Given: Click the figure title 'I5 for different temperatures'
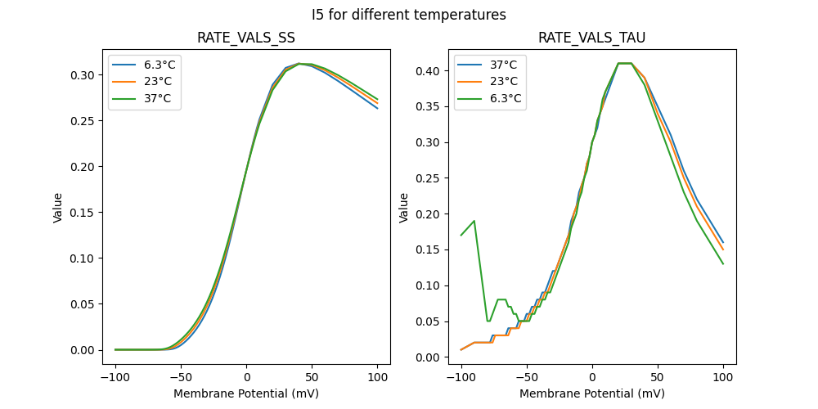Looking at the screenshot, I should click(409, 15).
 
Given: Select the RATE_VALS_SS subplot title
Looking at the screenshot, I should click(246, 38).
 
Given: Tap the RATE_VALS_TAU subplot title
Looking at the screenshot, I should click(591, 38).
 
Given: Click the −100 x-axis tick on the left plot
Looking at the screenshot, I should click(115, 377).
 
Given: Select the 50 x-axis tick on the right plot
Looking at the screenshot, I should click(658, 377).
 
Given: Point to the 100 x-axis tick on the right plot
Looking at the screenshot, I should click(723, 377).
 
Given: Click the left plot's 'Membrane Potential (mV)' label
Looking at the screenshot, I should click(246, 393).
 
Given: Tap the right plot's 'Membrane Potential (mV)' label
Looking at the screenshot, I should click(591, 393).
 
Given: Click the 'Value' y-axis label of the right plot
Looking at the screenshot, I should click(403, 208).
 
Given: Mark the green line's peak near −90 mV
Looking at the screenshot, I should click(474, 221).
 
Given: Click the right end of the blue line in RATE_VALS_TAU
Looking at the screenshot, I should click(723, 242).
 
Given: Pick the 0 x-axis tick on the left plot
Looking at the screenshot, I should click(246, 377).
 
